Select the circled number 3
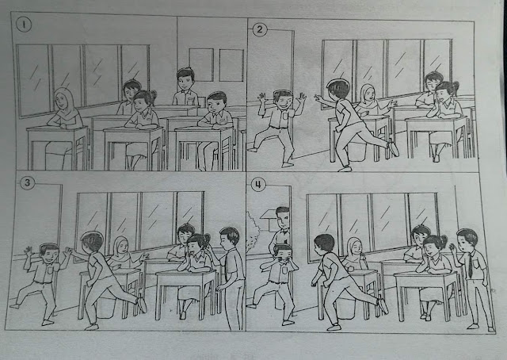click(27, 185)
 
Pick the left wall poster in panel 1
click(200, 63)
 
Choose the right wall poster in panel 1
click(231, 63)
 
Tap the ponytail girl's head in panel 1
click(143, 101)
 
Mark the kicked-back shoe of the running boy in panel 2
click(394, 147)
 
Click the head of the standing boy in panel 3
click(230, 237)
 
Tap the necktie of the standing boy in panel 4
click(469, 265)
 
